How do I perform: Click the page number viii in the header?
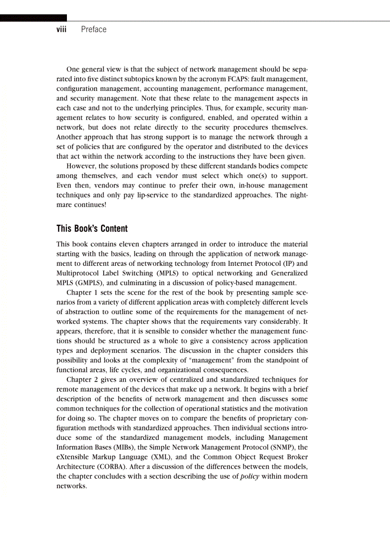[x=61, y=30]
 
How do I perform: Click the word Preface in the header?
[x=94, y=30]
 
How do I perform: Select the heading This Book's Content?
[x=92, y=229]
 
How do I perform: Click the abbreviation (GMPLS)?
[x=86, y=283]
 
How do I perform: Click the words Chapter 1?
[x=82, y=292]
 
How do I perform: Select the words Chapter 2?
[x=82, y=379]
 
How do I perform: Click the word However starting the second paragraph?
[x=82, y=166]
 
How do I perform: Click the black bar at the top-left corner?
[x=33, y=18]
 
